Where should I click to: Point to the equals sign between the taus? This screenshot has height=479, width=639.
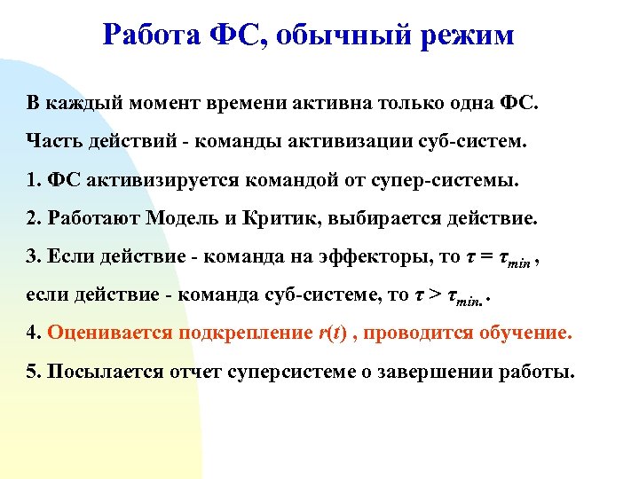pyautogui.click(x=484, y=258)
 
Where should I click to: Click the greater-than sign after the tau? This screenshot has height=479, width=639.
pyautogui.click(x=433, y=296)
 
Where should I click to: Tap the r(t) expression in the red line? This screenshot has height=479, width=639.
pyautogui.click(x=327, y=334)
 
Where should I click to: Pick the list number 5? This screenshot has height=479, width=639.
pyautogui.click(x=33, y=373)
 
